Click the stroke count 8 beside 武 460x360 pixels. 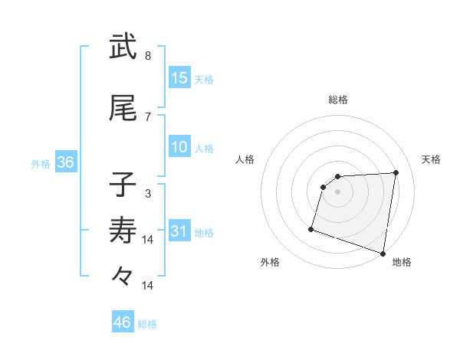[148, 56]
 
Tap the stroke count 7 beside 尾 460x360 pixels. [148, 116]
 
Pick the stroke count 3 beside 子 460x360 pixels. [148, 195]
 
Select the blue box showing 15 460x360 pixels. [179, 78]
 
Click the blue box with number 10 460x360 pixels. [179, 147]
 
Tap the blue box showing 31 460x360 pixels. [179, 231]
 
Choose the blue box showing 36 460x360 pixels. [65, 162]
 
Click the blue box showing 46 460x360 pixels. [123, 322]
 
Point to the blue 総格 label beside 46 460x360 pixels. [148, 324]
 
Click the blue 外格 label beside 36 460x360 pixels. [41, 164]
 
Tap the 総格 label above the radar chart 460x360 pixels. [338, 100]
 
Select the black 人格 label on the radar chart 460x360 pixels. [245, 159]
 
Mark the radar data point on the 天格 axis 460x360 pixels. [396, 172]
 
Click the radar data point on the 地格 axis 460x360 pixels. [383, 254]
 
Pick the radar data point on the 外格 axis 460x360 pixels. [311, 228]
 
